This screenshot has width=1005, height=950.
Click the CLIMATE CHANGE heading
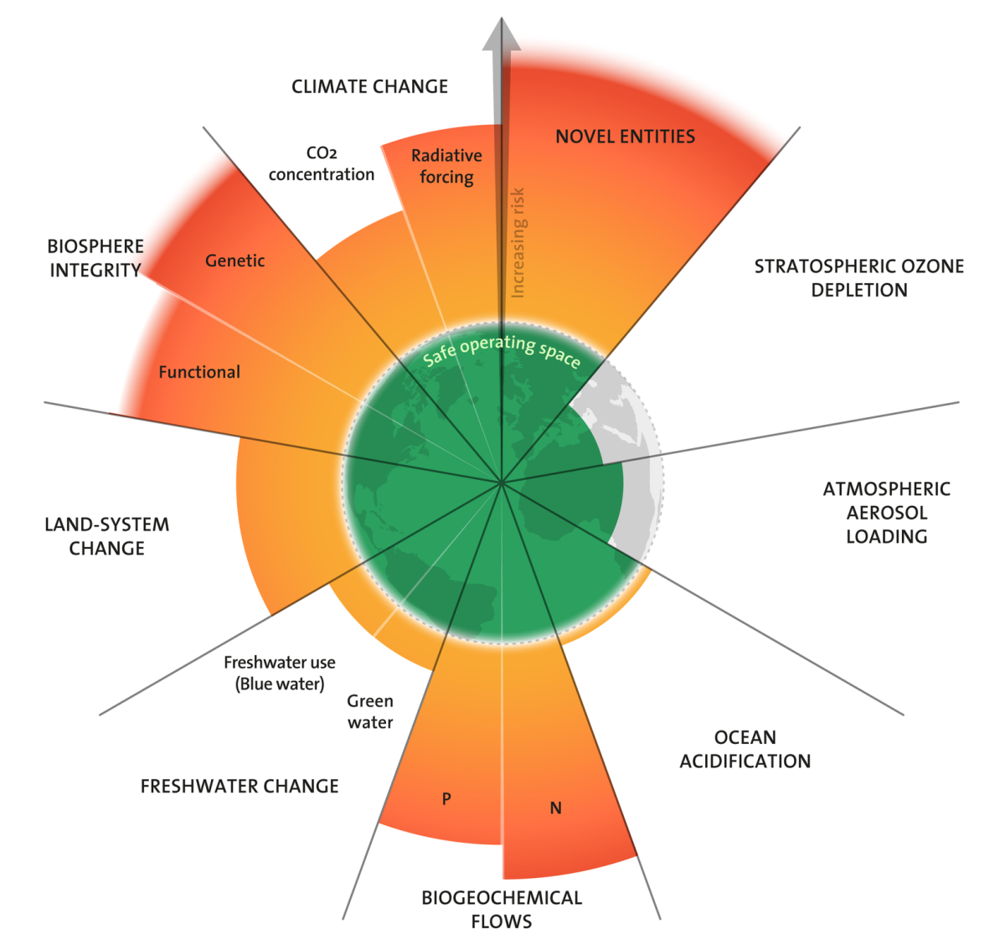369,86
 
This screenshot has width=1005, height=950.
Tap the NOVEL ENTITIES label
625,137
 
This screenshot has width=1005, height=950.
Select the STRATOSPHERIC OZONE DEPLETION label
858,278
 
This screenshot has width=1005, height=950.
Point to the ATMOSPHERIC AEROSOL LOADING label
887,513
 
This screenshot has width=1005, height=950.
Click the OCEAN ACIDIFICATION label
745,749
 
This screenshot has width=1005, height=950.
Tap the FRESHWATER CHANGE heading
240,786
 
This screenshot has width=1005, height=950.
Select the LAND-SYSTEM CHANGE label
106,536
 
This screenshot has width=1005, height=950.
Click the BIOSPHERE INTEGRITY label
95,258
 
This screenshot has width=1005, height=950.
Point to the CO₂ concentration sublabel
322,163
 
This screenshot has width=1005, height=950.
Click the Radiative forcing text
446,166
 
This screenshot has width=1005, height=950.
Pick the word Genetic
234,261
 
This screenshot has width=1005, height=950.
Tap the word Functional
199,372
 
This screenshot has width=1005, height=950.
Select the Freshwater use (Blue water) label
280,673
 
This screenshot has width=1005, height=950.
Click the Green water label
370,711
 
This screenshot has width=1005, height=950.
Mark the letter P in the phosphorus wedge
446,798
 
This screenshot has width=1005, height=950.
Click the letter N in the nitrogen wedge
555,808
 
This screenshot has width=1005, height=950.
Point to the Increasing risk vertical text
518,243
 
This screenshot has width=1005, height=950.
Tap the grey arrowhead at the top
502,34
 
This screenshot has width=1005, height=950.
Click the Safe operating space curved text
502,350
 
